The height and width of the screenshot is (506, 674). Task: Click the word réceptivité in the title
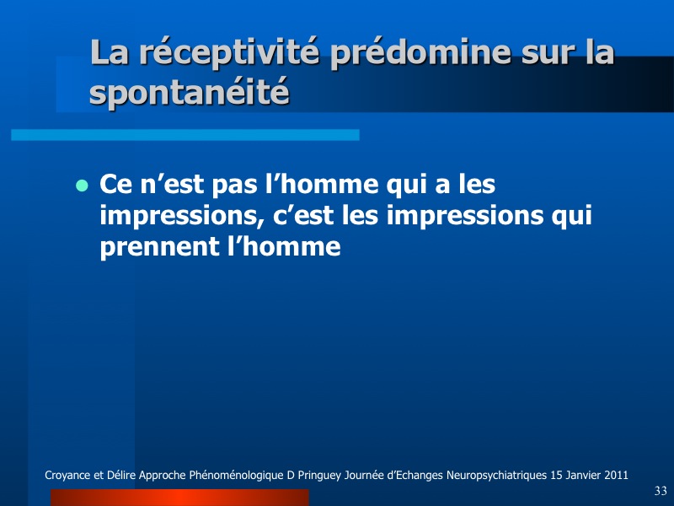pos(229,53)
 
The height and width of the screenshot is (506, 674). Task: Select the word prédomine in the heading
pos(420,53)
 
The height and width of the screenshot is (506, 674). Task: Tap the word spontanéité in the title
pos(189,93)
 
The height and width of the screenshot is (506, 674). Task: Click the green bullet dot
pos(82,186)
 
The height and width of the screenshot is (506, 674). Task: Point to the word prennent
pos(158,247)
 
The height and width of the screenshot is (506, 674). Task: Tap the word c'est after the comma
pos(303,215)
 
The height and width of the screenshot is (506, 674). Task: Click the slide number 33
pos(661,491)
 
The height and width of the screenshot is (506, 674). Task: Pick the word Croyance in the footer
pos(67,476)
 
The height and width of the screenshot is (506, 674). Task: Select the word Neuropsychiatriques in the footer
pos(496,476)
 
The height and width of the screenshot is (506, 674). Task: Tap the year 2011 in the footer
pos(616,475)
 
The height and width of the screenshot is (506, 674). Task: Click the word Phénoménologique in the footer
pos(236,476)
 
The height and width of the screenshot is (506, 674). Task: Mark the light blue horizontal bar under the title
pos(185,135)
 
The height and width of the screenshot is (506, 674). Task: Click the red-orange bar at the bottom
pos(179,498)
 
